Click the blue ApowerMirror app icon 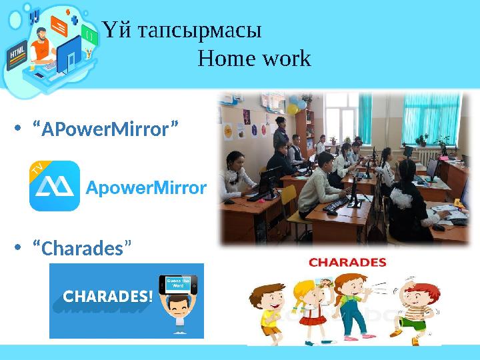click(x=54, y=186)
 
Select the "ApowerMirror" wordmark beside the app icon click(x=146, y=188)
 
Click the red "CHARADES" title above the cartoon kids click(x=347, y=263)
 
